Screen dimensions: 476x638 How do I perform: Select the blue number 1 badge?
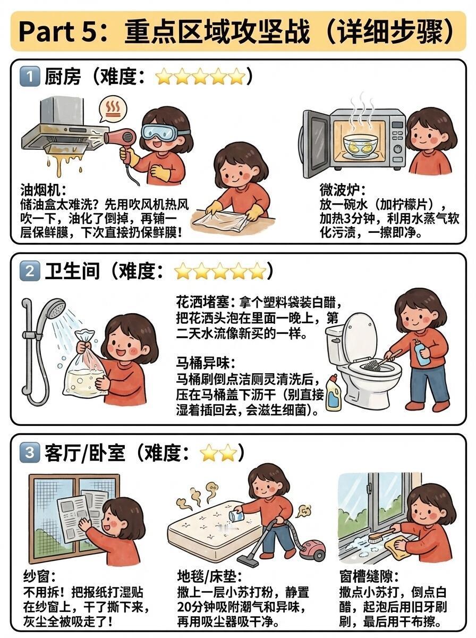29,77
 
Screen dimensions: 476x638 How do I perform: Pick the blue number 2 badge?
29,271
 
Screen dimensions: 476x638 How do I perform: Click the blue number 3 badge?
29,453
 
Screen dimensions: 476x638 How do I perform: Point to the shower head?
56,308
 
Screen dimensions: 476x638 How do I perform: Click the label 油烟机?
44,190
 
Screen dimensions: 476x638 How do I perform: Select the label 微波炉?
343,190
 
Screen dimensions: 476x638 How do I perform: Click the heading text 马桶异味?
206,363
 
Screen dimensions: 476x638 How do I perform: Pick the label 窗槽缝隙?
368,576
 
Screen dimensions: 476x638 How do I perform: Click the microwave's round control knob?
398,149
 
